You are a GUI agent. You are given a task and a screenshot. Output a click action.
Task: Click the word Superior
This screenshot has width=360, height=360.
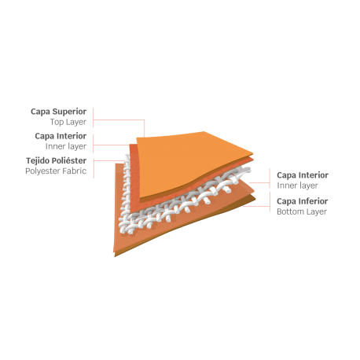(69, 112)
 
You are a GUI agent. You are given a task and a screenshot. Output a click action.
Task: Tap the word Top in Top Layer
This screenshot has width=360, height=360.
(57, 122)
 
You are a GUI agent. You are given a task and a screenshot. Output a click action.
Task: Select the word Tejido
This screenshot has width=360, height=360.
(38, 160)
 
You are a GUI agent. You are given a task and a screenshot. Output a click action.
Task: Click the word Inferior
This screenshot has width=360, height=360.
(313, 201)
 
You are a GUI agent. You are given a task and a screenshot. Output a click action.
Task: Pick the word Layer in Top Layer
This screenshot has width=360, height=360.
(76, 123)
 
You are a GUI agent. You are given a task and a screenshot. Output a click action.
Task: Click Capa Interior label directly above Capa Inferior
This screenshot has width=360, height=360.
(303, 174)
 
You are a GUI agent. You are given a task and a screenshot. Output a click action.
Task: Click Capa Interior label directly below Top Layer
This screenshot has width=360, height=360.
(61, 136)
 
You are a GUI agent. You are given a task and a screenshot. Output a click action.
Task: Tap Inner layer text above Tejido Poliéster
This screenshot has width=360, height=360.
(66, 146)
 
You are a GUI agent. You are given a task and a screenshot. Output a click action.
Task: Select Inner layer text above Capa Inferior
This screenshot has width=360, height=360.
(297, 186)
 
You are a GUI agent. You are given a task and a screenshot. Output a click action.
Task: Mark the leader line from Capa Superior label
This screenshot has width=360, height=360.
(119, 120)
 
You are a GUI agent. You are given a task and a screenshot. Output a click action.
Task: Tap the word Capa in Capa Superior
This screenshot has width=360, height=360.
(40, 112)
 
